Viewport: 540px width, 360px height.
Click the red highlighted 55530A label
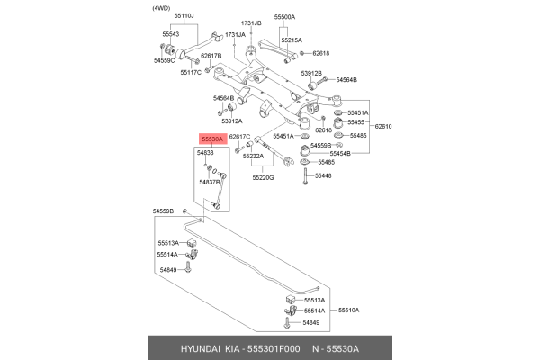tap(211, 140)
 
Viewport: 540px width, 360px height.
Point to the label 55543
tap(171, 34)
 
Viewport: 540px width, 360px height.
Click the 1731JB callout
tap(251, 22)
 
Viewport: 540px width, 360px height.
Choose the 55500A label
tap(285, 17)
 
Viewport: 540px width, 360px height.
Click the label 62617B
tap(211, 56)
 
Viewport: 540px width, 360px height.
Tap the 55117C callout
tap(191, 72)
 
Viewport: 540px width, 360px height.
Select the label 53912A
tap(231, 121)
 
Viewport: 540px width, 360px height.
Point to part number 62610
tap(384, 127)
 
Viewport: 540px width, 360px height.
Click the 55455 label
tap(357, 121)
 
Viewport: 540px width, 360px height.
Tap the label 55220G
tap(263, 178)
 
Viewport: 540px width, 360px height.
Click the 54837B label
tap(208, 182)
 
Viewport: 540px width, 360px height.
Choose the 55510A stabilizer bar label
tap(348, 310)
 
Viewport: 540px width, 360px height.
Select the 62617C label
tap(239, 137)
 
